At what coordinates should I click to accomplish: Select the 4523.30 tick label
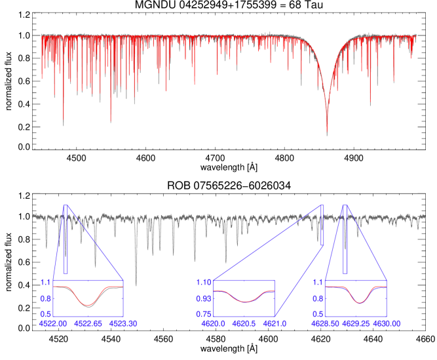tap(123, 323)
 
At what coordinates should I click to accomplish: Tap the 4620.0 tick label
tap(214, 323)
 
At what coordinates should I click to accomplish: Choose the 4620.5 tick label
tap(244, 323)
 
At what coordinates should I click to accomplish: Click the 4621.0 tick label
tap(275, 323)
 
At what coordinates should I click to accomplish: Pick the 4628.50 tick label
tap(325, 323)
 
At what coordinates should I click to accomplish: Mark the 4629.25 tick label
tap(355, 323)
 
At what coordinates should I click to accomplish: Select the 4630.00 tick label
tap(387, 323)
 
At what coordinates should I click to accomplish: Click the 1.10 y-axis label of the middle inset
tap(204, 282)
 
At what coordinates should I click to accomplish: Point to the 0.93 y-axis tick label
tap(204, 298)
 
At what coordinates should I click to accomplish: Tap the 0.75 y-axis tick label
tap(204, 314)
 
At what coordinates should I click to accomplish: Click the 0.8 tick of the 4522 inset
tap(45, 298)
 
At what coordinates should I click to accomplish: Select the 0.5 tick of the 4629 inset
tap(317, 314)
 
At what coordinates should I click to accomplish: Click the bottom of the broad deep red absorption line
tap(327, 133)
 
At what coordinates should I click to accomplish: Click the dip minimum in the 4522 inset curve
tap(88, 306)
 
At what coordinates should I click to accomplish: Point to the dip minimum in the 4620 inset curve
tap(244, 302)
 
